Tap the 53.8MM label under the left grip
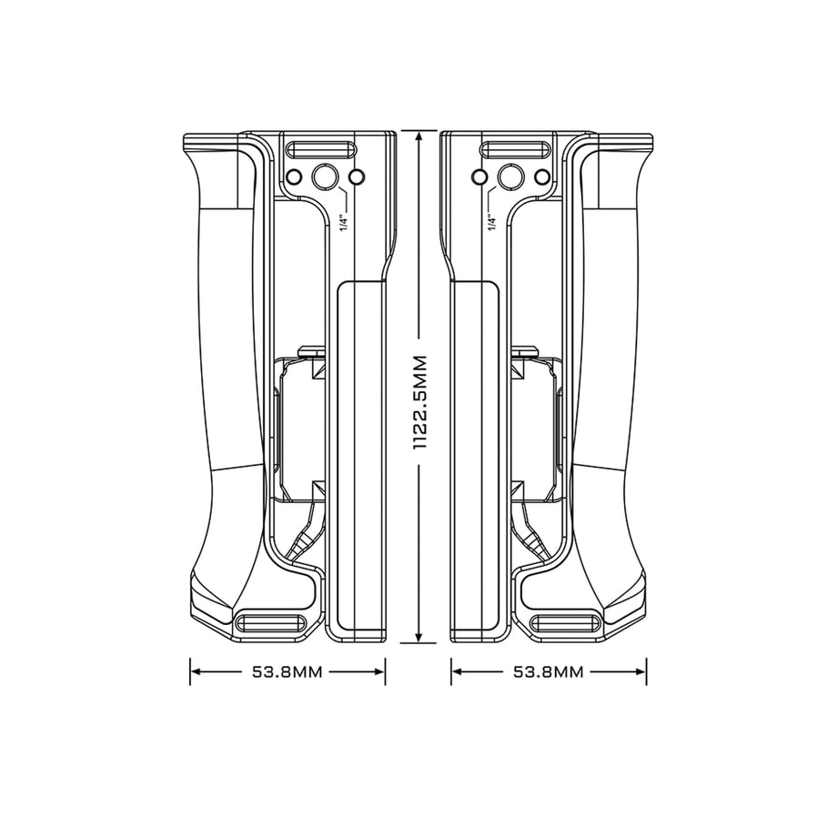click(x=287, y=671)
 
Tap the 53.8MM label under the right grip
click(x=549, y=671)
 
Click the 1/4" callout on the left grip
click(x=344, y=222)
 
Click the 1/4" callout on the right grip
click(x=491, y=222)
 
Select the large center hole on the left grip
click(x=325, y=176)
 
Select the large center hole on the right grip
click(x=510, y=176)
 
